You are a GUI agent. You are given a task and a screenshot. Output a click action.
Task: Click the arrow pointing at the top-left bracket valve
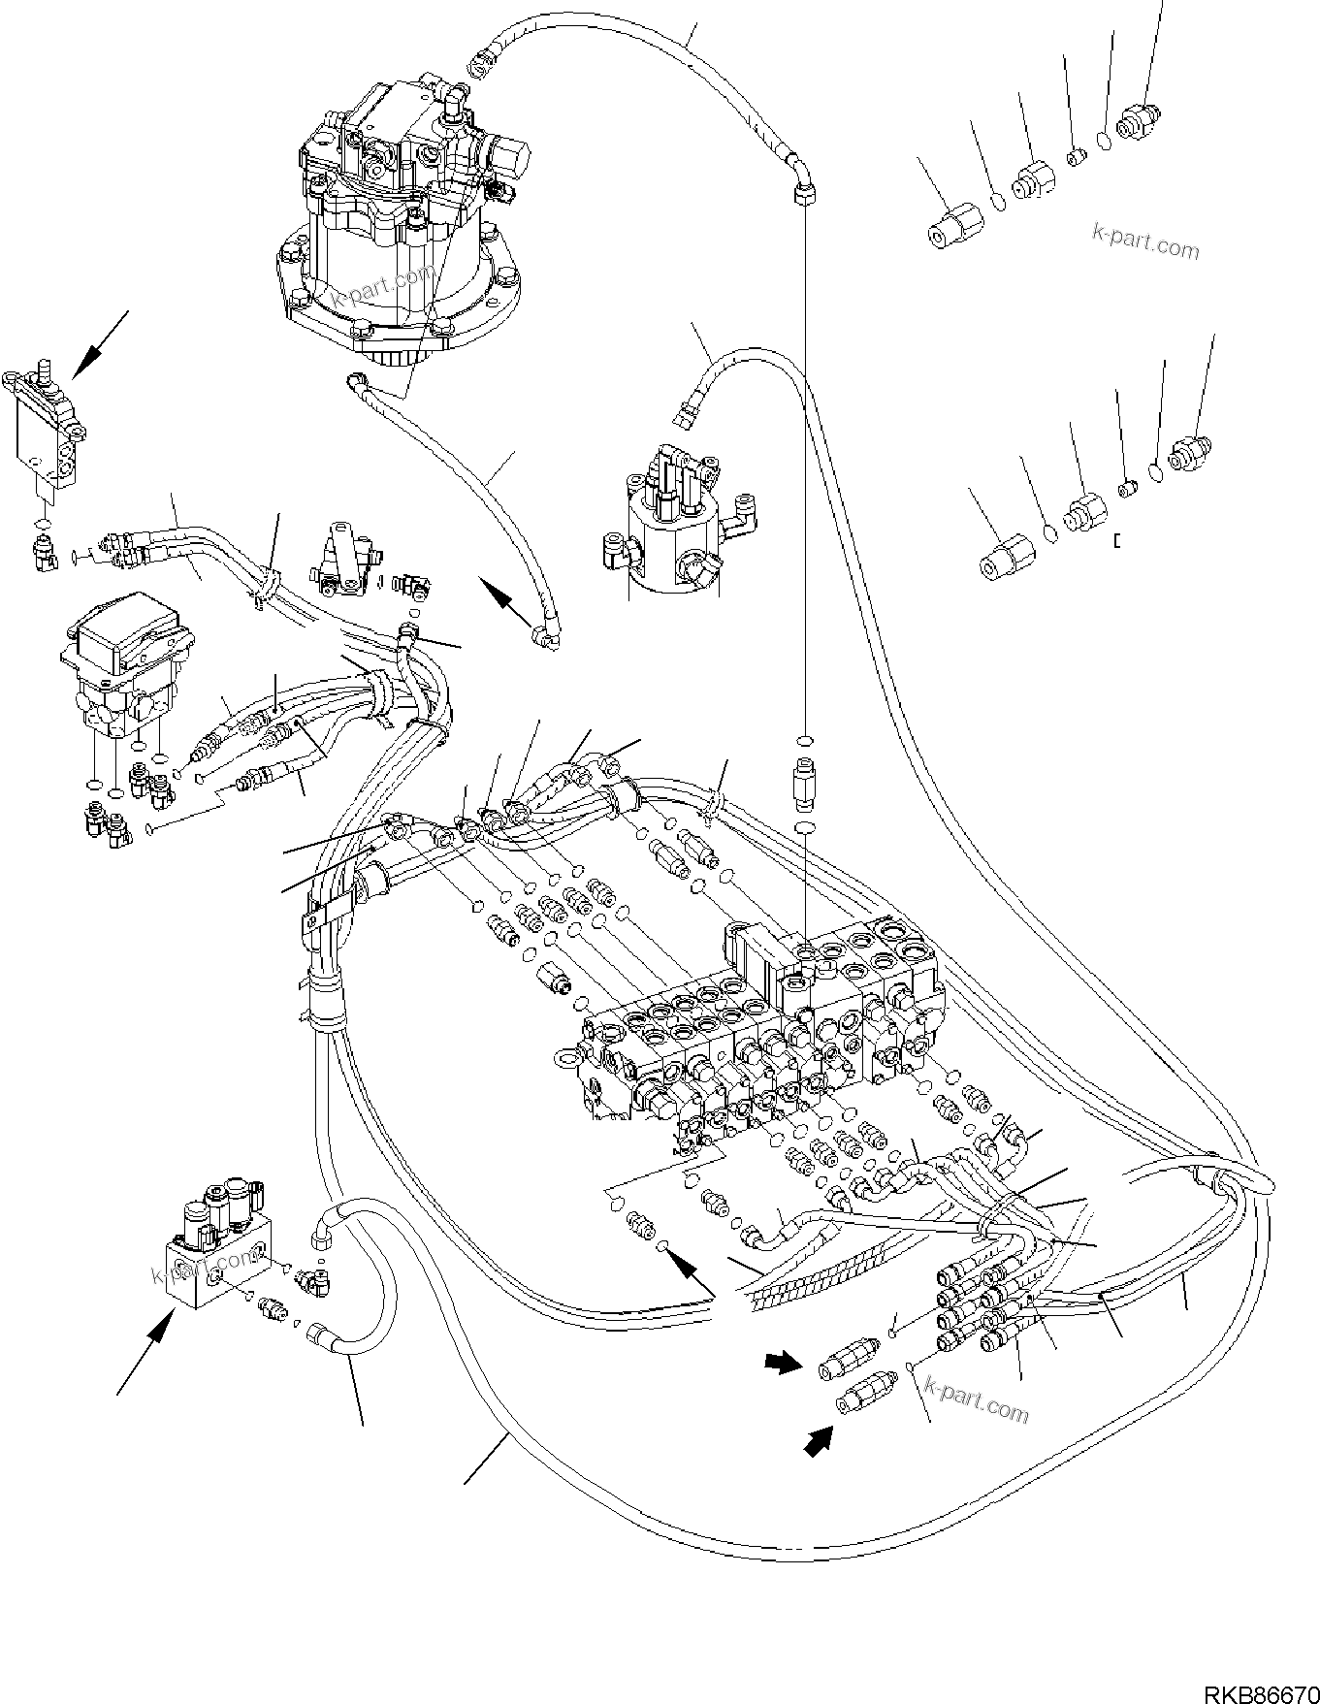(100, 343)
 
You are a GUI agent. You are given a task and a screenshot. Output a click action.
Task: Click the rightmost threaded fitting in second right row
(1191, 453)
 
